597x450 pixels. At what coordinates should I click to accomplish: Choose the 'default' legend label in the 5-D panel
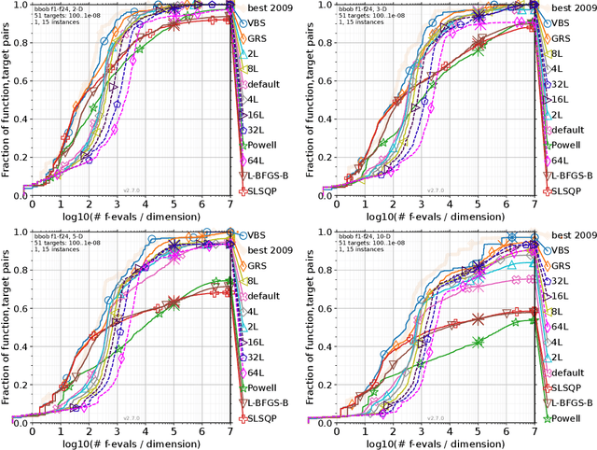click(x=268, y=295)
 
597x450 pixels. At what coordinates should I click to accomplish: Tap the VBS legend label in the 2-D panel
click(x=261, y=21)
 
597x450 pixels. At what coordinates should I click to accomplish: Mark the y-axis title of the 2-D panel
click(x=7, y=98)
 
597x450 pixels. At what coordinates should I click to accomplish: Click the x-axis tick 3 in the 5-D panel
click(x=118, y=429)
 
